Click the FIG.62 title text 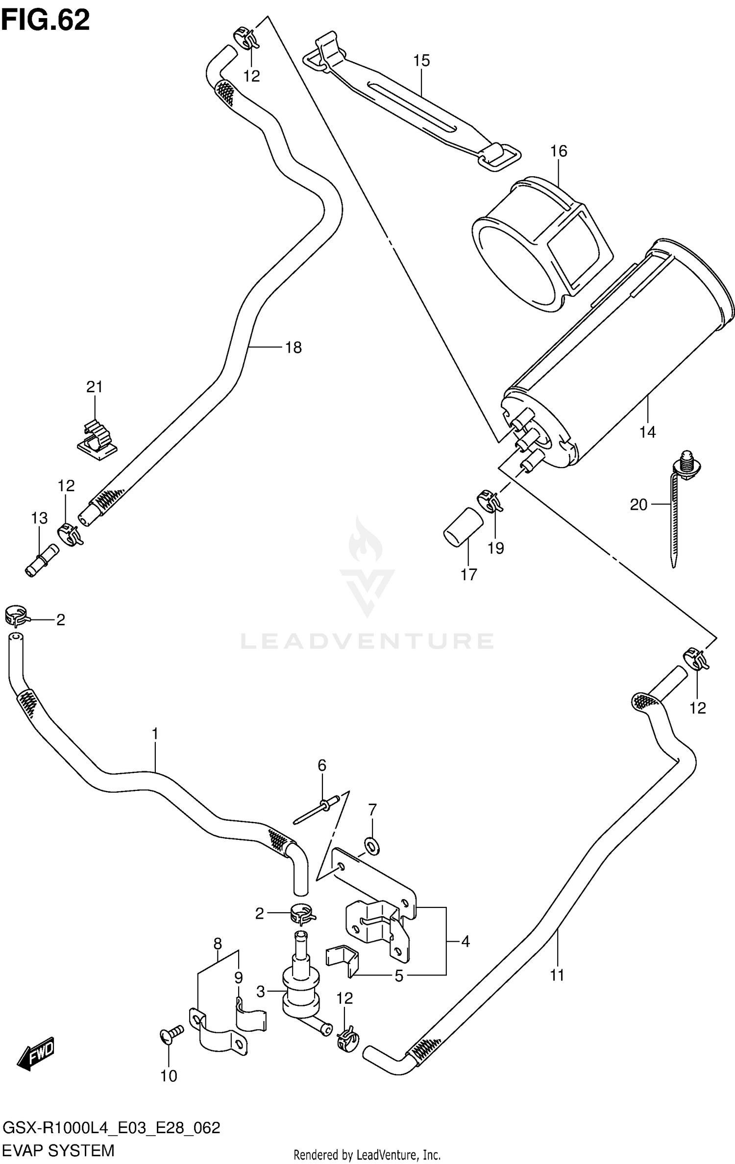coord(46,21)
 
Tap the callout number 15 coord(421,61)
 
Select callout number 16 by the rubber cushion coord(558,151)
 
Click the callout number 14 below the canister coord(647,432)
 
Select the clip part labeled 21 coord(98,437)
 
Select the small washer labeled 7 coord(372,846)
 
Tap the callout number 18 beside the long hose coord(293,348)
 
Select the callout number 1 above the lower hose coord(155,748)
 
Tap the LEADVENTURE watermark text coord(367,641)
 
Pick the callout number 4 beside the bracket coord(465,941)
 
